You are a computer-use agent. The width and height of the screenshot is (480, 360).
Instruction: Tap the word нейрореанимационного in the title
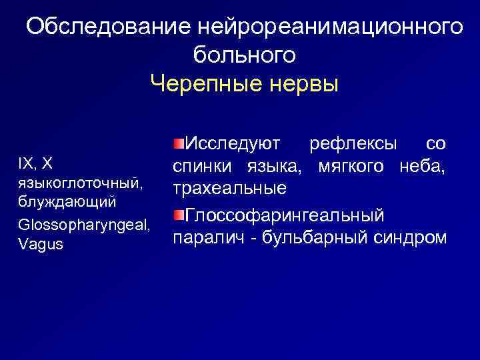pos(330,27)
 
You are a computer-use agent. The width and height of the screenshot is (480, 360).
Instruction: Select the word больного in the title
pos(244,55)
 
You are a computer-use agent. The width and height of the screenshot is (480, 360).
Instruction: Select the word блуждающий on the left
pos(69,201)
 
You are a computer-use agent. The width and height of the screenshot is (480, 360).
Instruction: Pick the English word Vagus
pos(41,244)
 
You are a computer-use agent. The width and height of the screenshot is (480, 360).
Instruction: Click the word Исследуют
pos(233,143)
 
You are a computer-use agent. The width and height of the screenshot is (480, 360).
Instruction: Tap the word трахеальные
pos(230,189)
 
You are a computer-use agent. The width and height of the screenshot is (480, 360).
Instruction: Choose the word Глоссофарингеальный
pos(284,215)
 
